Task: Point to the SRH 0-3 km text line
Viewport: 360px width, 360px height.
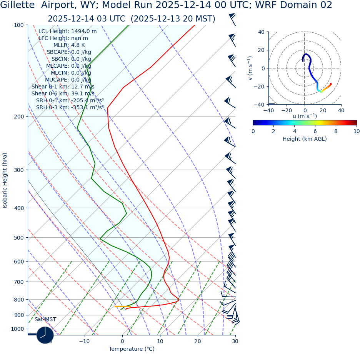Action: coord(70,107)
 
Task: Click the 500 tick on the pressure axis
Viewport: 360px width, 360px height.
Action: coord(18,238)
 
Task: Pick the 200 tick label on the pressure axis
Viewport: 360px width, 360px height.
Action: coord(18,117)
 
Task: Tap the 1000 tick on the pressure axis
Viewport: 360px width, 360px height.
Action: coord(17,329)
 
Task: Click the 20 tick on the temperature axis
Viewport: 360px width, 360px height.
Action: coord(198,341)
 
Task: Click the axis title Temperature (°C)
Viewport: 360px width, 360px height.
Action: coord(132,349)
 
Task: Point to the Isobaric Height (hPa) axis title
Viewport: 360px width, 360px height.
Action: coord(5,180)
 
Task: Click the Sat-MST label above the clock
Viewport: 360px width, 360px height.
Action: coord(45,320)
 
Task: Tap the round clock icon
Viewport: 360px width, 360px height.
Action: coord(45,335)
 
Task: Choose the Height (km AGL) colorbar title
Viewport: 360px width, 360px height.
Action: coord(305,139)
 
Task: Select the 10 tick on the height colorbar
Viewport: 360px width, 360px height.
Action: coord(357,131)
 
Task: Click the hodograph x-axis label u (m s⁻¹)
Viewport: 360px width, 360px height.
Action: coord(305,116)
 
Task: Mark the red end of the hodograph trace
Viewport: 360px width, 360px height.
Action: coord(331,84)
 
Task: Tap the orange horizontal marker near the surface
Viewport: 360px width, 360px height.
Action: coord(122,307)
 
